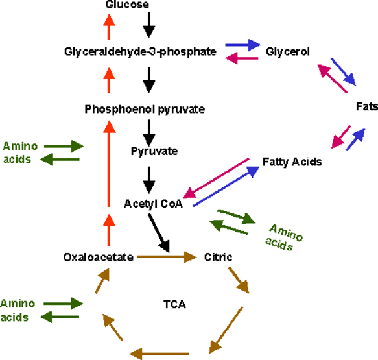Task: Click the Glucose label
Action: (127, 4)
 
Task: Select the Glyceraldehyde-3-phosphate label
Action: (140, 52)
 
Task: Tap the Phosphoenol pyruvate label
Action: (145, 109)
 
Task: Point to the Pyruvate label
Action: (154, 151)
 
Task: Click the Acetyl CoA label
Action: (153, 204)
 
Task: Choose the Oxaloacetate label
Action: (99, 258)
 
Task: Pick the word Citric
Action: (218, 258)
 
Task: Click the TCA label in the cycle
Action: (174, 304)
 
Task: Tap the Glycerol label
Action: (288, 52)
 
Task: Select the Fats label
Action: (367, 106)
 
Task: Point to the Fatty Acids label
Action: (292, 162)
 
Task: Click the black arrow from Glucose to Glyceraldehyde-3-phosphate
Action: (149, 25)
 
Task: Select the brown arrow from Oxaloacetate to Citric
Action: (167, 257)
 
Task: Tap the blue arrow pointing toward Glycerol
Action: (242, 45)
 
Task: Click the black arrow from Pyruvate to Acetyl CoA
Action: (149, 180)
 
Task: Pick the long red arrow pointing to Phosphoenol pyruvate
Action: (109, 163)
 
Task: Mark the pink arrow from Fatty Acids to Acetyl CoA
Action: (217, 178)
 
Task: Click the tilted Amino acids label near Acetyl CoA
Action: (283, 237)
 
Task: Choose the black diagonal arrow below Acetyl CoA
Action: (159, 234)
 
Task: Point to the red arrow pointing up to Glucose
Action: (109, 27)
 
